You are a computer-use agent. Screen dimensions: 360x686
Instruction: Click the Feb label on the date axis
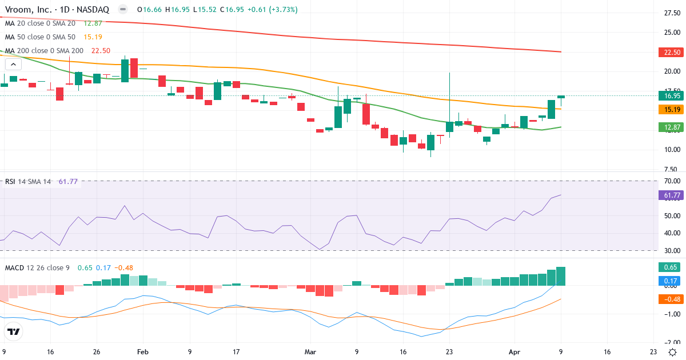[142, 352]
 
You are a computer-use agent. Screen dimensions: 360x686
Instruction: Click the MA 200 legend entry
[44, 51]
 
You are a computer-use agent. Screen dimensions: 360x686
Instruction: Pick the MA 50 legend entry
[40, 37]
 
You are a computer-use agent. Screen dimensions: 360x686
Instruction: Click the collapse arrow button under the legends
[13, 65]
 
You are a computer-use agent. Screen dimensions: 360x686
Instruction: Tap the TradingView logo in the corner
[13, 331]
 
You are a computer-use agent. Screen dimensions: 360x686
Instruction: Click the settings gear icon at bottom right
[673, 352]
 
